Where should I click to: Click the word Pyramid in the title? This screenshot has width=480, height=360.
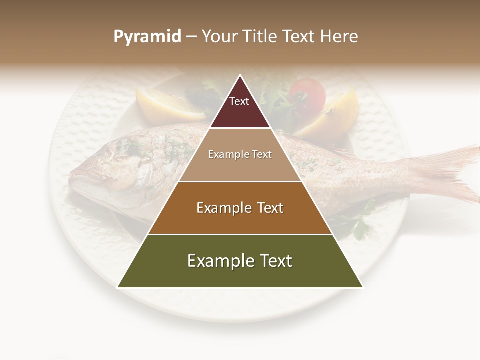(147, 37)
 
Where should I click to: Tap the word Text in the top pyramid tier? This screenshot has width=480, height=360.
(239, 101)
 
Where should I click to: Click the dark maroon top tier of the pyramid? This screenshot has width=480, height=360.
(240, 115)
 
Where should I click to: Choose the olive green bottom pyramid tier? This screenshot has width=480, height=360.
(240, 275)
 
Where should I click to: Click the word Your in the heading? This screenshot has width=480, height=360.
(218, 37)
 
